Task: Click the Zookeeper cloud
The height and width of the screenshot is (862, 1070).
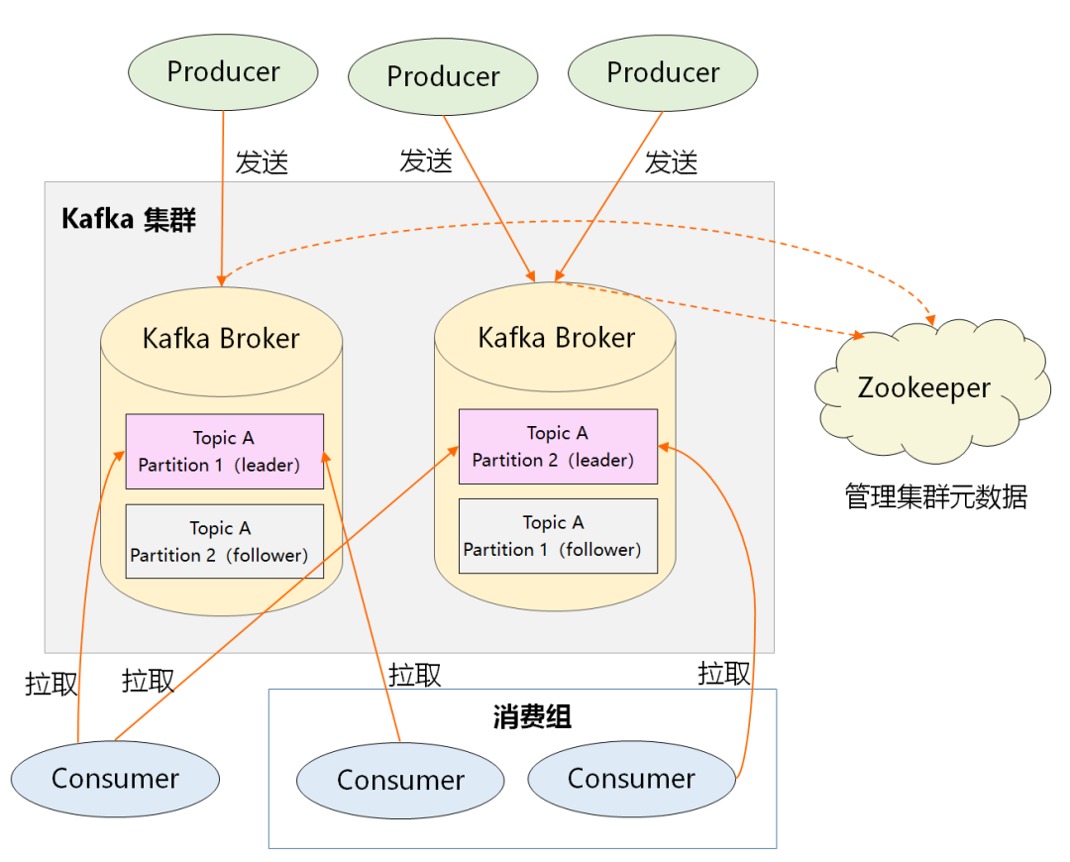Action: tap(930, 388)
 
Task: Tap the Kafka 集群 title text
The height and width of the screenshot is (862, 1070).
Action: tap(129, 219)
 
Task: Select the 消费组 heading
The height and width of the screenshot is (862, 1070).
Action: tap(532, 716)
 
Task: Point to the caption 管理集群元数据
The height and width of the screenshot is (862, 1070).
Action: tap(935, 495)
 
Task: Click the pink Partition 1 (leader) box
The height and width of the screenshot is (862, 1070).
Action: tap(225, 451)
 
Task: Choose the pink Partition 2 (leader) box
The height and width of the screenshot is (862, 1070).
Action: tap(558, 446)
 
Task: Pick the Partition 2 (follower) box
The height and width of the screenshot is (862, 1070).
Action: tap(225, 541)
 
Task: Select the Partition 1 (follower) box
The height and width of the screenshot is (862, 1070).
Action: tap(558, 535)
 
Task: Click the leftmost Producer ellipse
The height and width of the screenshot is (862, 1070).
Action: tap(223, 72)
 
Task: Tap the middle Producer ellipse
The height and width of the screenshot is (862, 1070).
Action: tap(443, 76)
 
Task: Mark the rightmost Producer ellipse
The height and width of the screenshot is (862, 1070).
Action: tap(663, 73)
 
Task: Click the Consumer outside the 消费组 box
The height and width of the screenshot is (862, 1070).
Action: tap(115, 779)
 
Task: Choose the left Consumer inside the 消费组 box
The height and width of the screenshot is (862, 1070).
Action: tap(400, 781)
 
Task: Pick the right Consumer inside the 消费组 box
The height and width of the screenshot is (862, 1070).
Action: tap(631, 779)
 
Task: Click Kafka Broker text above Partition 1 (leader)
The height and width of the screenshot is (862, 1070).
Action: tap(221, 339)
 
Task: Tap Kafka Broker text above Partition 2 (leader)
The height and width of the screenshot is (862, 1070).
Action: tap(556, 338)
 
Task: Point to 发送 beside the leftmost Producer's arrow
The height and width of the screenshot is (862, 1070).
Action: tap(262, 163)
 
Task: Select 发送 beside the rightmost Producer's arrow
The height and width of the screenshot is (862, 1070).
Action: tap(671, 162)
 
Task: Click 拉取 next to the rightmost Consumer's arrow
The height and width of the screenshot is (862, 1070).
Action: tap(723, 674)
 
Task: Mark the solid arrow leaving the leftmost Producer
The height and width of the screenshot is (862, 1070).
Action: tap(223, 198)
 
